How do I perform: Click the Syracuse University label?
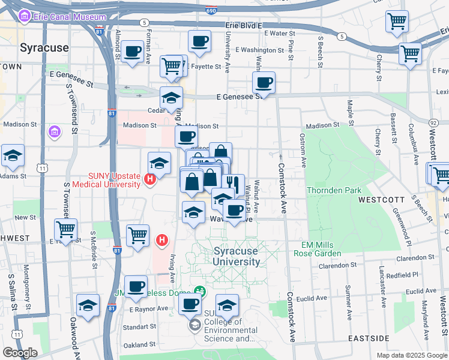(237, 256)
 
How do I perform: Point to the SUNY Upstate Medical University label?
(106, 181)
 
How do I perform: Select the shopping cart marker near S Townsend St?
(65, 229)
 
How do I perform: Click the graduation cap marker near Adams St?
(13, 155)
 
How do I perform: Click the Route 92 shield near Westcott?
(433, 122)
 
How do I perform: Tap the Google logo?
(20, 353)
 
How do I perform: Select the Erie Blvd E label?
(244, 25)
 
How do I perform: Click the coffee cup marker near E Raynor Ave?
(136, 286)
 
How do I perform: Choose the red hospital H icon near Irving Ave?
(161, 241)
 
